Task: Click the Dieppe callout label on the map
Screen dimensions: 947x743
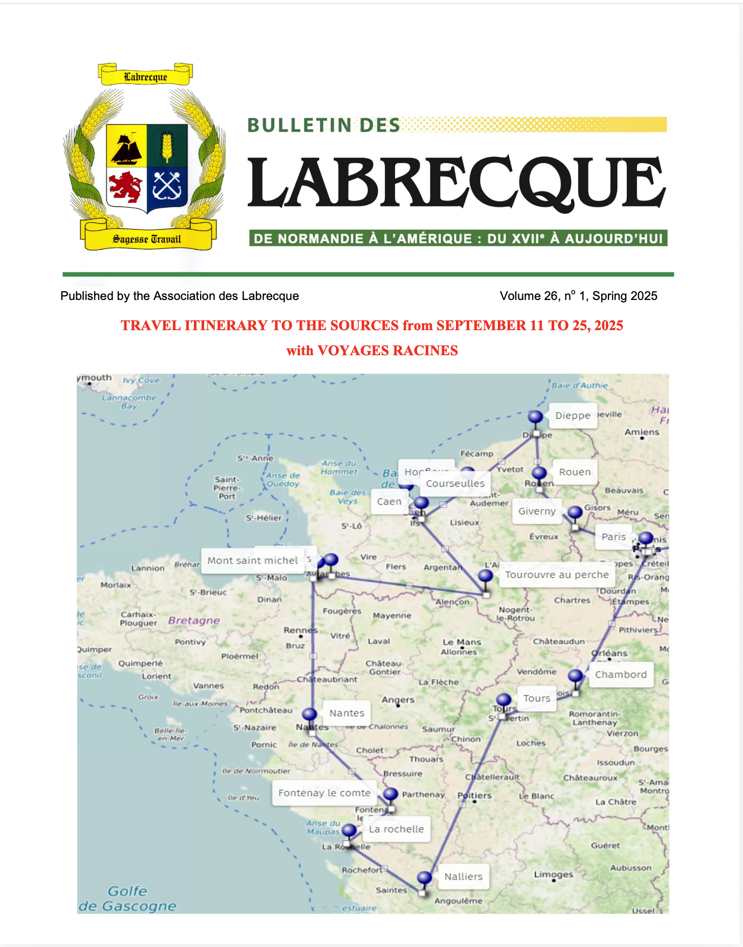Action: pyautogui.click(x=572, y=416)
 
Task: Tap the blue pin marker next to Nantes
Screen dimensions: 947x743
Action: pyautogui.click(x=310, y=714)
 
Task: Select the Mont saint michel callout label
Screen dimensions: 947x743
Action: pyautogui.click(x=253, y=561)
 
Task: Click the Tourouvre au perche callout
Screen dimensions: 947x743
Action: pyautogui.click(x=557, y=575)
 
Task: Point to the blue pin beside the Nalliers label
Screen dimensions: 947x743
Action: pyautogui.click(x=424, y=877)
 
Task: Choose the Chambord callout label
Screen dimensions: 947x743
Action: pyautogui.click(x=620, y=675)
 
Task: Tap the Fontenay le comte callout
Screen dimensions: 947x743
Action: pyautogui.click(x=324, y=793)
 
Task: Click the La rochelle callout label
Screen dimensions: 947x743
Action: pyautogui.click(x=396, y=829)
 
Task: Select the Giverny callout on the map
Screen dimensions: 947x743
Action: pyautogui.click(x=536, y=511)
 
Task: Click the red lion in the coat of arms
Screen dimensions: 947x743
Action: pyautogui.click(x=125, y=187)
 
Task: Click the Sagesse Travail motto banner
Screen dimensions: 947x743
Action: pyautogui.click(x=147, y=239)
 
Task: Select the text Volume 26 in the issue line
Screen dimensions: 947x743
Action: pyautogui.click(x=529, y=296)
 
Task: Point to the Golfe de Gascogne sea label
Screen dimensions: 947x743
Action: pyautogui.click(x=127, y=898)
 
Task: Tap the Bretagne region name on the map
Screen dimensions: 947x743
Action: pyautogui.click(x=194, y=620)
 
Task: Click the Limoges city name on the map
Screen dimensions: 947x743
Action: pyautogui.click(x=553, y=874)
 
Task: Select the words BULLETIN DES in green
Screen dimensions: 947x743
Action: pyautogui.click(x=323, y=125)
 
